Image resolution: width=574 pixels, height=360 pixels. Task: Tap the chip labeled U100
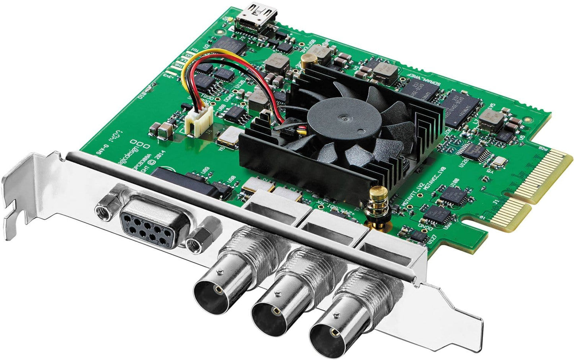point(452,195)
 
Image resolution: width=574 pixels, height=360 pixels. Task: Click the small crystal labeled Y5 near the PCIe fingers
point(498,161)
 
